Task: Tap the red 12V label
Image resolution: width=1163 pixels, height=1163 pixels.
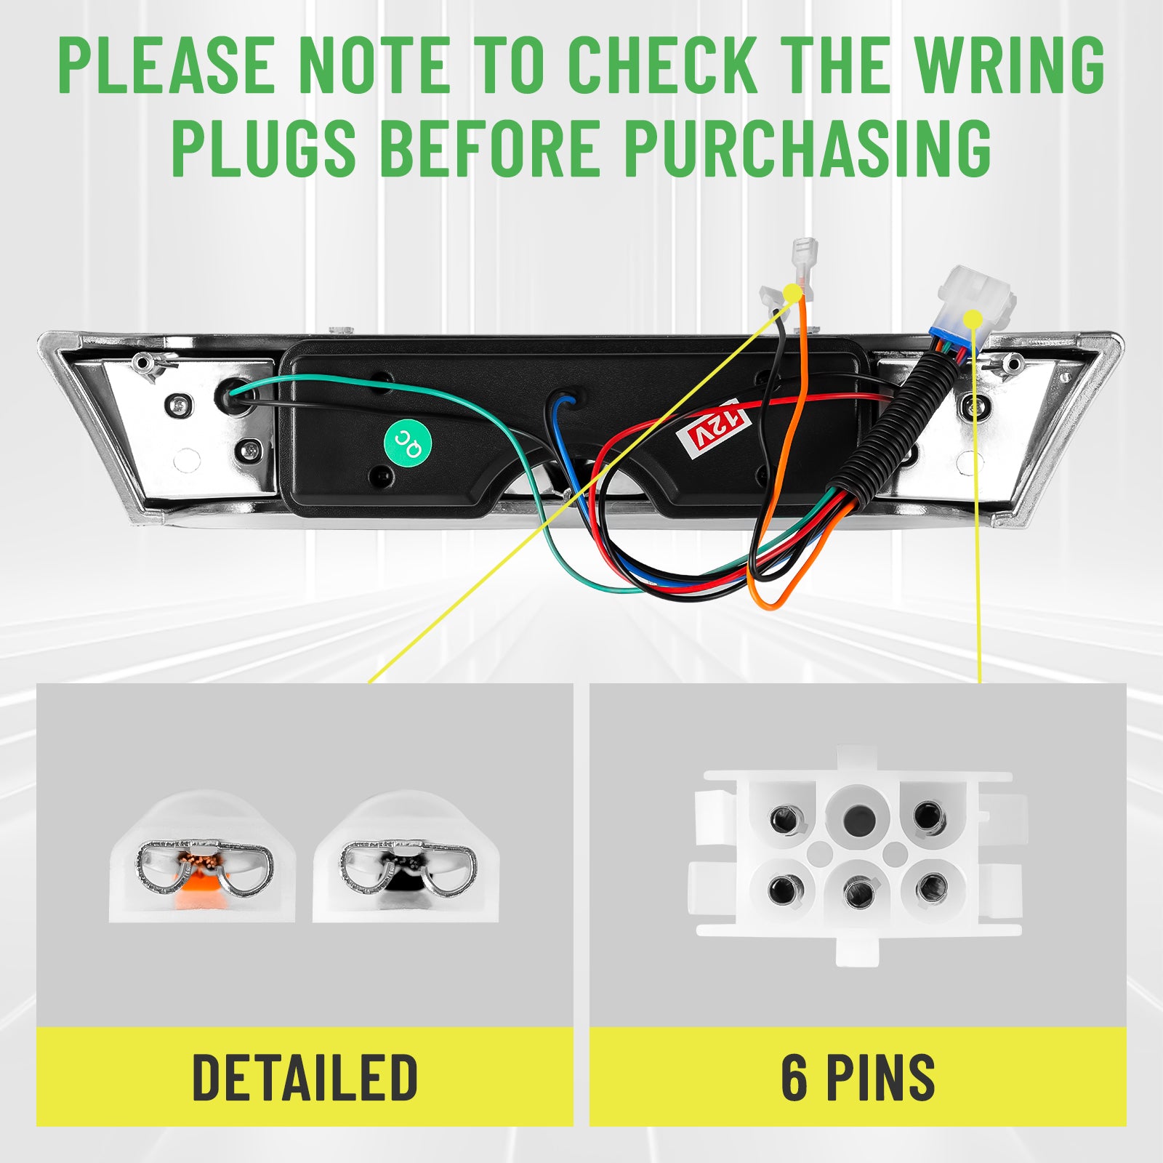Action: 712,429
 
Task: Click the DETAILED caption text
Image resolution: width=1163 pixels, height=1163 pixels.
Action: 305,1077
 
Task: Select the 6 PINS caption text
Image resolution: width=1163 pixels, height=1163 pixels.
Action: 858,1077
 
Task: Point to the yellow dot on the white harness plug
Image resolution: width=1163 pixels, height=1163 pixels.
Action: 973,320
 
